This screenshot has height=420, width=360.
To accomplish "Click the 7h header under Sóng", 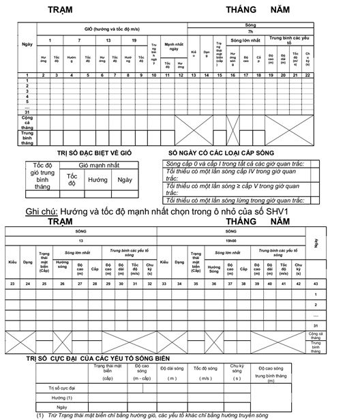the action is tap(250, 31).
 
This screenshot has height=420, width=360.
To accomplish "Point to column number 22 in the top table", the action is tap(307, 75).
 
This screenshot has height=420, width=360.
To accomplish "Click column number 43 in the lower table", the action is tap(315, 283).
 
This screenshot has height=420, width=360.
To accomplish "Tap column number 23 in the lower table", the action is tap(12, 283).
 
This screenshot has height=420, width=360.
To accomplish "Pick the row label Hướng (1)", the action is tap(62, 397).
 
